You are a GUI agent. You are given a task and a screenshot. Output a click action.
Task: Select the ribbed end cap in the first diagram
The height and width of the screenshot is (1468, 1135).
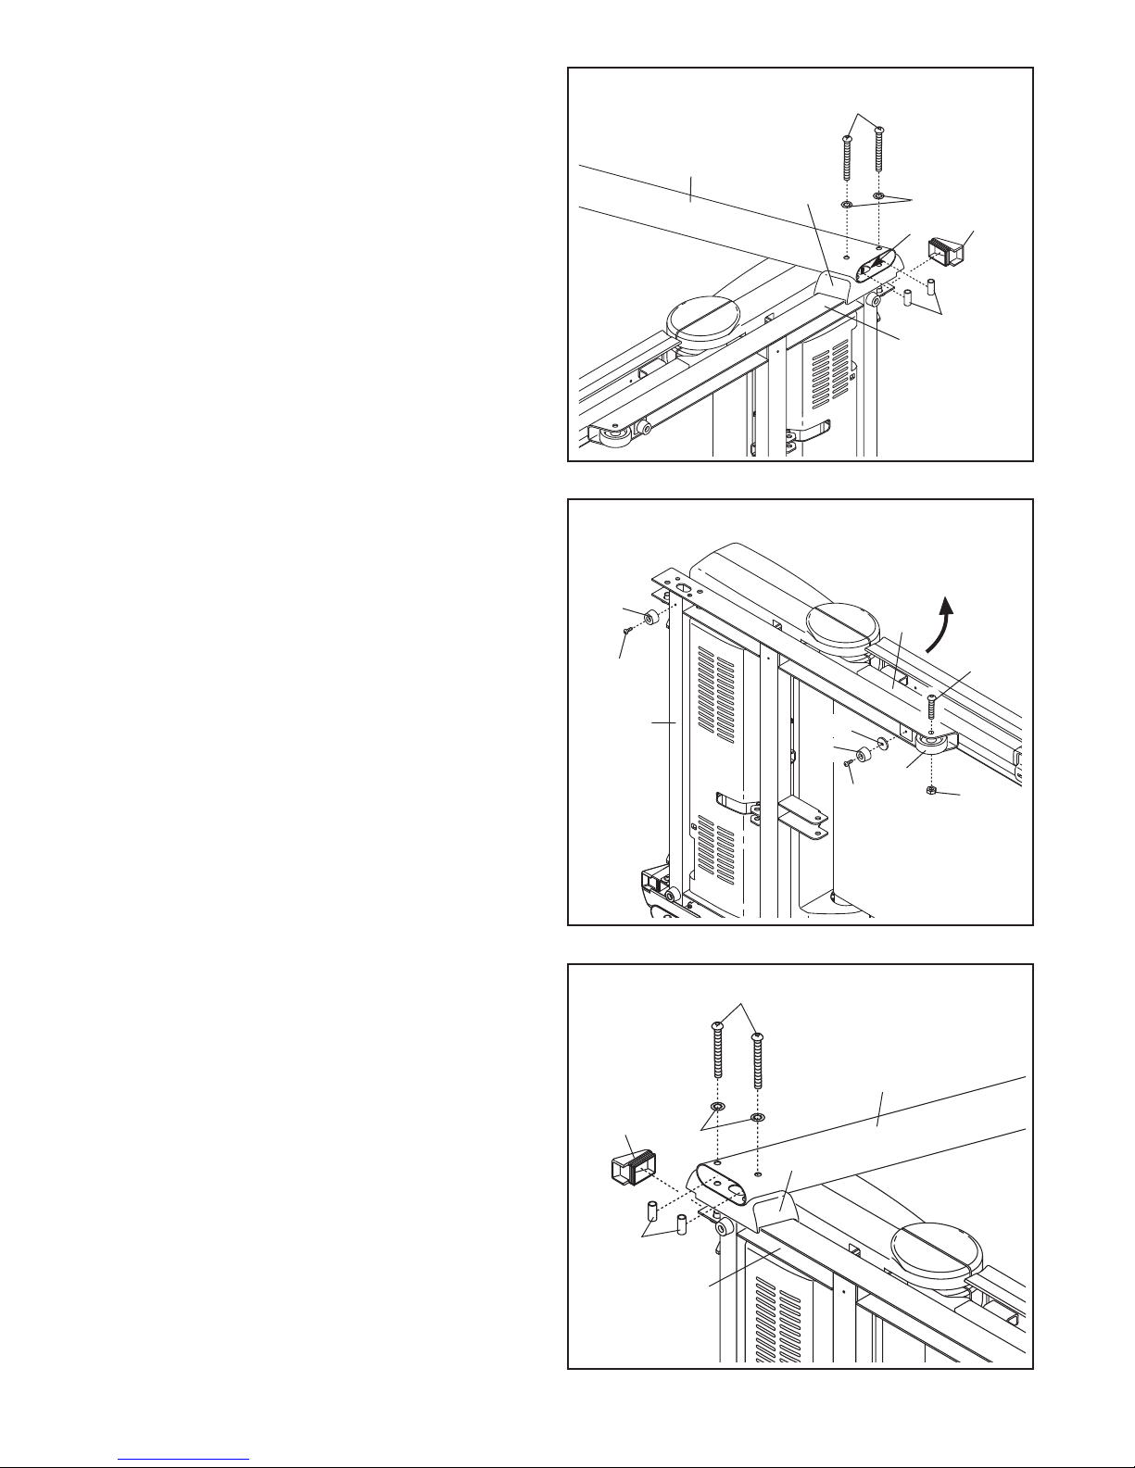(x=947, y=251)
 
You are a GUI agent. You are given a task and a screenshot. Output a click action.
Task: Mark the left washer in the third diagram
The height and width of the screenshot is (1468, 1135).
(x=717, y=1108)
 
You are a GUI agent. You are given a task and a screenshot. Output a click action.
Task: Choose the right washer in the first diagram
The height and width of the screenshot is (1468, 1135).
(x=879, y=197)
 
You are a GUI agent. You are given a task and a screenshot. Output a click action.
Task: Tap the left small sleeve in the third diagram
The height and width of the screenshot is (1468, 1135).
(x=650, y=1211)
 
